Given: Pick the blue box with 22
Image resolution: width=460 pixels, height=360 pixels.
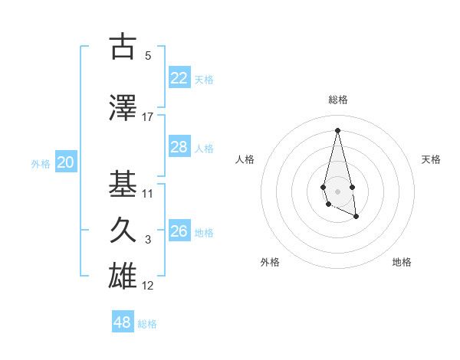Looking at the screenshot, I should [179, 78].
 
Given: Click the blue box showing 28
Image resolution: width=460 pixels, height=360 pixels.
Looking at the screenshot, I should [179, 147].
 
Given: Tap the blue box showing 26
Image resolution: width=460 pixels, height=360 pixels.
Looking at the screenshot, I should [179, 231].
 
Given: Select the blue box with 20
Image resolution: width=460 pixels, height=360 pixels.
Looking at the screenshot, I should [66, 162].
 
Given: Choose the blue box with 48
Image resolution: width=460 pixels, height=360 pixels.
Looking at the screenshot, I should [123, 322].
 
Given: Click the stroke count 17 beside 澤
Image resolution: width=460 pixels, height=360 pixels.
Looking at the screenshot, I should [148, 117].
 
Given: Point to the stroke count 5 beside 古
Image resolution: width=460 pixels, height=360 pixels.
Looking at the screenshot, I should [148, 56].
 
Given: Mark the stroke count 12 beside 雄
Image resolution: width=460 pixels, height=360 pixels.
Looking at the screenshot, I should [148, 286].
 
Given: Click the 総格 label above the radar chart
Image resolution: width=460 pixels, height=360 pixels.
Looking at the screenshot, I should [337, 100].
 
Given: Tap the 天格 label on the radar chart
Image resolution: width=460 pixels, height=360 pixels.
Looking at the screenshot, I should [431, 159].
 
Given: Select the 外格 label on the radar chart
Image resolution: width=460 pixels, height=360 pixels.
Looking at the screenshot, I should [270, 262].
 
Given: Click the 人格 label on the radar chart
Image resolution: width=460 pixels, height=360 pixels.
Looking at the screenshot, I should [245, 159].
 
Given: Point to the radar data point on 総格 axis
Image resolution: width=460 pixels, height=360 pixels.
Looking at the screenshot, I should [337, 129].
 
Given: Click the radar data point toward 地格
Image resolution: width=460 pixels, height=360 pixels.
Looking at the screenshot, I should [356, 217].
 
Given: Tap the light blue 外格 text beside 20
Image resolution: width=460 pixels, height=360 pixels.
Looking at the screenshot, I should [41, 163].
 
